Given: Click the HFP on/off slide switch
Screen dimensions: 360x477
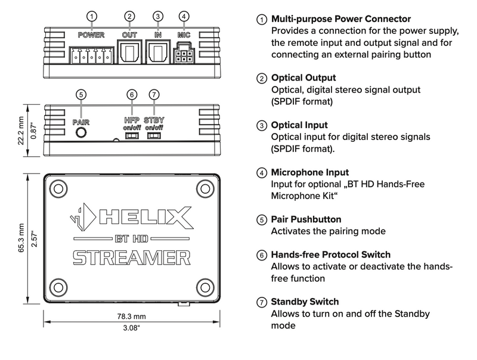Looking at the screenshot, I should pos(132,135).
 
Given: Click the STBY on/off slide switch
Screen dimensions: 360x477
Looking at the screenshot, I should pos(154,135).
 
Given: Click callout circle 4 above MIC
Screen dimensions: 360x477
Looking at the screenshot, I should pos(184,16).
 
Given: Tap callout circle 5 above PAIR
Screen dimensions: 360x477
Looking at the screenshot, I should pos(80,94).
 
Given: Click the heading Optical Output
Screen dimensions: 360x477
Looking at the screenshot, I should pos(303,78).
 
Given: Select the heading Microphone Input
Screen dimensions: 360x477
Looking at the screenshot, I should pos(310,172).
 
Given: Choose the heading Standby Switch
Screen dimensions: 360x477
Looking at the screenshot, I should pos(305,302).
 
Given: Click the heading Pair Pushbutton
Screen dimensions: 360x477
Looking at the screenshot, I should pos(306,219).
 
